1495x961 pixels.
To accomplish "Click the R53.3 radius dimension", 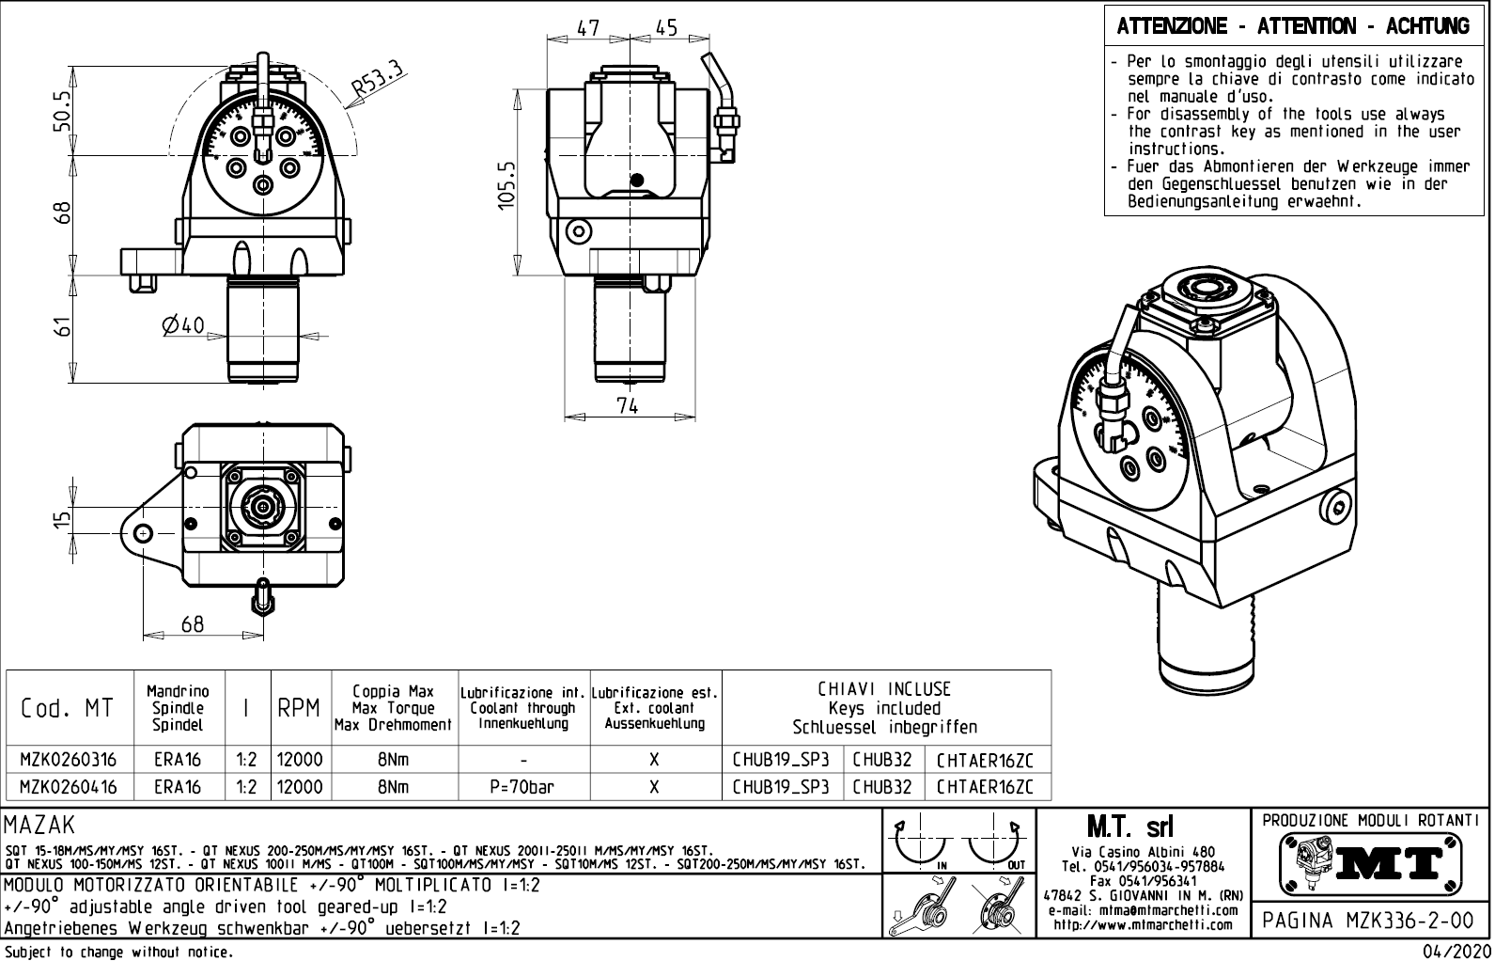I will coord(377,80).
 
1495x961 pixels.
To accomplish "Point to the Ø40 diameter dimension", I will coord(182,325).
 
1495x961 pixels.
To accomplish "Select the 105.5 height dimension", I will coord(507,185).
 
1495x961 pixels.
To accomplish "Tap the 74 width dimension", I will coord(627,405).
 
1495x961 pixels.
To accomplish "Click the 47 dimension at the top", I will coord(588,28).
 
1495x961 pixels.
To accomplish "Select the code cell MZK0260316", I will coord(69,760).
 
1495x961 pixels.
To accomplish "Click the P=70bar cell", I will coord(522,787).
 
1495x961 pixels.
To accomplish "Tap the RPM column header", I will coord(299,708).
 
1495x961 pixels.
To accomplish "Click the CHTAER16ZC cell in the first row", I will coord(985,760).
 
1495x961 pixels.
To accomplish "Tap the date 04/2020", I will coord(1456,952).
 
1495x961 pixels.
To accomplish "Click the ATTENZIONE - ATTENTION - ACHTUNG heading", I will coord(1293,26).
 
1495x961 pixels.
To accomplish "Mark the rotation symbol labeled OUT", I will coord(995,845).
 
